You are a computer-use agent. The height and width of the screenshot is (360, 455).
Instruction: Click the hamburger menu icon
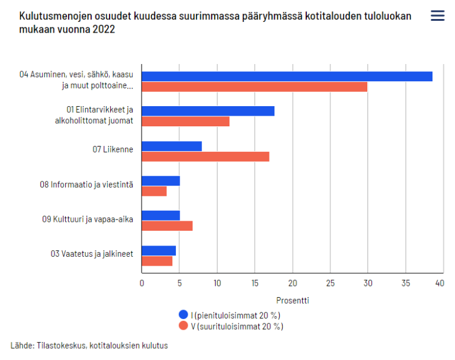[x=437, y=16]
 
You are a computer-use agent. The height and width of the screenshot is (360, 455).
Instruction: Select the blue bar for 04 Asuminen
[x=287, y=76]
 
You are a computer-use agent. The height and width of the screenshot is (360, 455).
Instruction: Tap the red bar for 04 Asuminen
[x=254, y=87]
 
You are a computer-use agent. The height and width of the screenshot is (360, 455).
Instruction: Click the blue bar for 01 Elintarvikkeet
[x=208, y=111]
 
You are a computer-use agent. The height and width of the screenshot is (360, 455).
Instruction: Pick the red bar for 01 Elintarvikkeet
[x=185, y=122]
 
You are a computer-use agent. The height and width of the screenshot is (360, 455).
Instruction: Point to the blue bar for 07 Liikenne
[x=172, y=146]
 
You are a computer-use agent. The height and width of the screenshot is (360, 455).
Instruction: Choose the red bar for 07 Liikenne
[x=206, y=157]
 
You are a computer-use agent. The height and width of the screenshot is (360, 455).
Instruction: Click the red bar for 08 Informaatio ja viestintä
[x=154, y=192]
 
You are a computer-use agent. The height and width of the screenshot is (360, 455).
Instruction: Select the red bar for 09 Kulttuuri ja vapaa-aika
[x=167, y=226]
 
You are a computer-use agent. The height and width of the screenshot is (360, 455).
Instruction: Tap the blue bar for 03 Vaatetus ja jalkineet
[x=159, y=250]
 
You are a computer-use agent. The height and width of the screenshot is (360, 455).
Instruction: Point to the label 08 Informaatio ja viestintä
[x=86, y=184]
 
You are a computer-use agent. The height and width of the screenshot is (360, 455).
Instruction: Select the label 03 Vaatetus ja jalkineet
[x=91, y=254]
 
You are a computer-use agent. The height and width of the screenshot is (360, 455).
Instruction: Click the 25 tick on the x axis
[x=330, y=283]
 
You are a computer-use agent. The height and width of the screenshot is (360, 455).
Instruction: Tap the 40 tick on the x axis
[x=439, y=283]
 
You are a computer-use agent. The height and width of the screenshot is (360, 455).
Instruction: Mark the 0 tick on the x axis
[x=142, y=283]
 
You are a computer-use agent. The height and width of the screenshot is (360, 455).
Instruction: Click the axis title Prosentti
[x=292, y=300]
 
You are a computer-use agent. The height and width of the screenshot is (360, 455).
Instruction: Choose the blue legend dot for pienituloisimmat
[x=184, y=315]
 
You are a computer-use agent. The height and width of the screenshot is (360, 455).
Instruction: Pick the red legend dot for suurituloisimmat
[x=184, y=326]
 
